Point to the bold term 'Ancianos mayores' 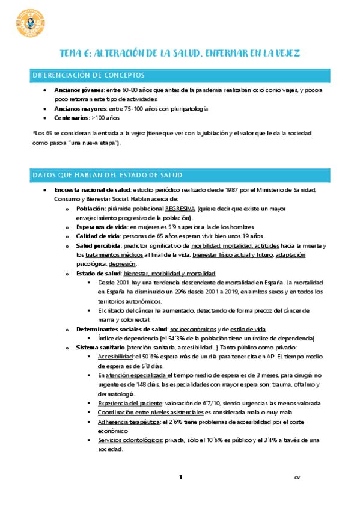[80, 109]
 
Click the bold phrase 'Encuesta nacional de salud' [91, 189]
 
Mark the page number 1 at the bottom [180, 477]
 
